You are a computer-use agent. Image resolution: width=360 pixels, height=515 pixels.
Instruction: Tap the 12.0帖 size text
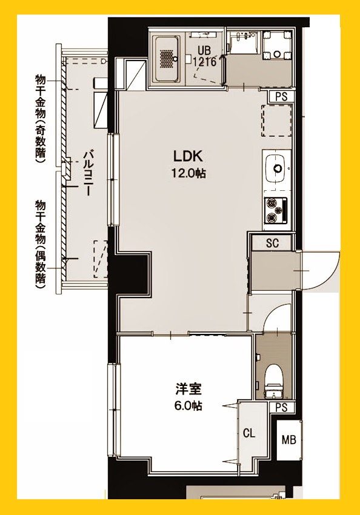[188, 173]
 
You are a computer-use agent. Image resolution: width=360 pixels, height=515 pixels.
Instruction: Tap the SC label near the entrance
[273, 243]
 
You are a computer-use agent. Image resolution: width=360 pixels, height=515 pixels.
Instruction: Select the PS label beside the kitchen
[281, 96]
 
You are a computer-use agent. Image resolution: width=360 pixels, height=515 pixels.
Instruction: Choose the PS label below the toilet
[281, 408]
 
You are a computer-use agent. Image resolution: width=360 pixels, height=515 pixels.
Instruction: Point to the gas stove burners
[276, 209]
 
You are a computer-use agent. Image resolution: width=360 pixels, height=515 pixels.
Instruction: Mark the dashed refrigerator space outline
[273, 121]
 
